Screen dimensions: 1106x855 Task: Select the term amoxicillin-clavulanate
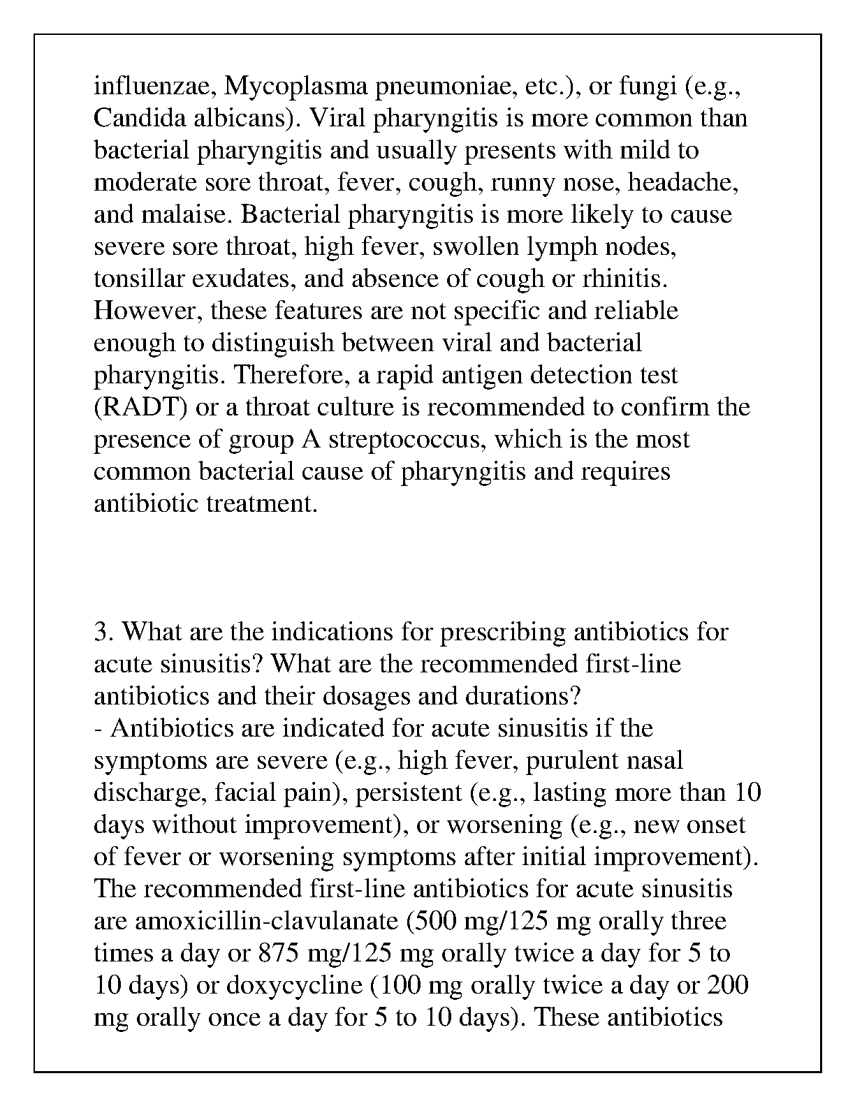pyautogui.click(x=267, y=921)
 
